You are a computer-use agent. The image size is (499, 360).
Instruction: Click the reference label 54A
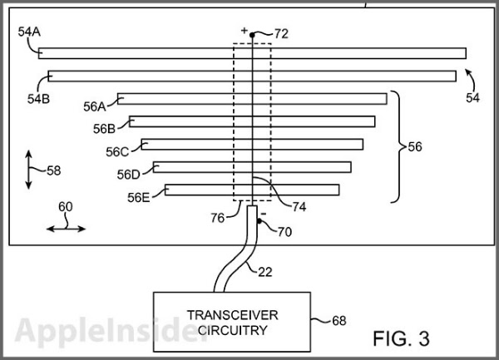(28, 32)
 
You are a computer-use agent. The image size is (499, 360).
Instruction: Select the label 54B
(38, 97)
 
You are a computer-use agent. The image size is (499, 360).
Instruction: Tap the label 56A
(95, 106)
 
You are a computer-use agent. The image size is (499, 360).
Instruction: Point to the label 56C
(117, 152)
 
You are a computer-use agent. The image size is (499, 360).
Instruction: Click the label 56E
(139, 198)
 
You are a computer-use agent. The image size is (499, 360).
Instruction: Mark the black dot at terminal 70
(259, 221)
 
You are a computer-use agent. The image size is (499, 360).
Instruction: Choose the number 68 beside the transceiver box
(338, 320)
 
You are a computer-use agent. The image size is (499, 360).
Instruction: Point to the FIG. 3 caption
(402, 338)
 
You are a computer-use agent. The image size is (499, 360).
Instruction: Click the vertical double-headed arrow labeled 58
(29, 170)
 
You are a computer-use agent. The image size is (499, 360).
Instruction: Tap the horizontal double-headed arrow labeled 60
(64, 225)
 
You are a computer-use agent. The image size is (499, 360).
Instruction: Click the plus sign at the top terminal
(245, 31)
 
